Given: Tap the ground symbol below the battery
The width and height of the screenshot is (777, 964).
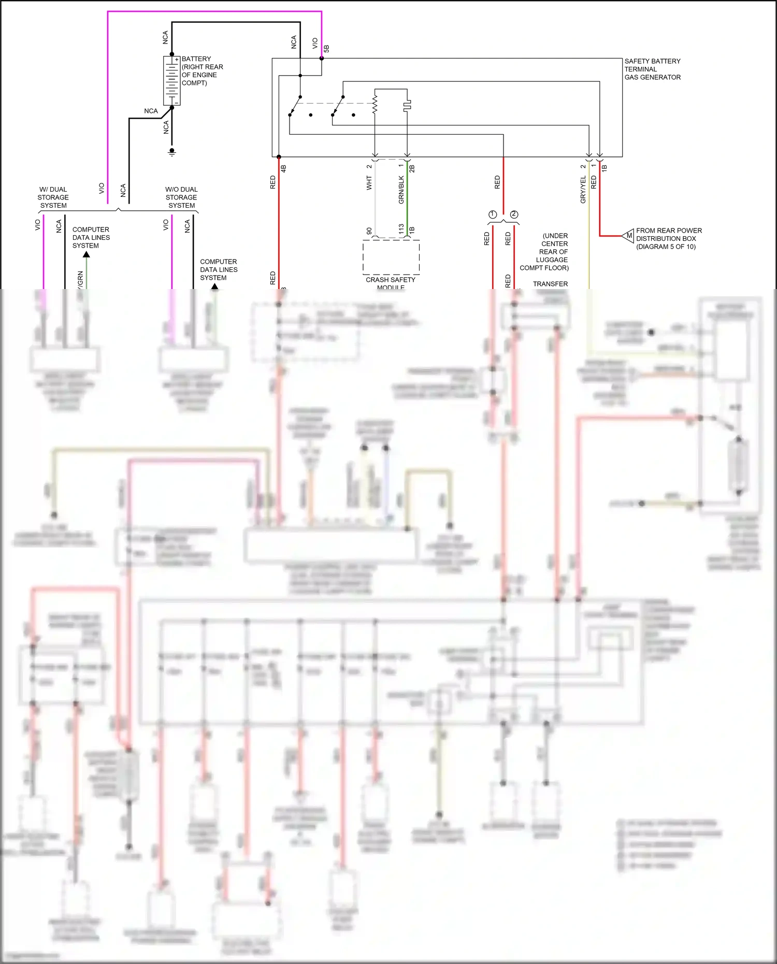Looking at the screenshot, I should click(172, 152).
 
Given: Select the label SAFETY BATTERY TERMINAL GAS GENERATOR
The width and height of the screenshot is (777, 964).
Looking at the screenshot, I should click(652, 69).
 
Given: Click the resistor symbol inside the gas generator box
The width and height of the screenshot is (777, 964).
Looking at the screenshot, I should click(375, 103).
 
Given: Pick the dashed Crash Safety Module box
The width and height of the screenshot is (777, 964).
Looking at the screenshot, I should click(391, 257).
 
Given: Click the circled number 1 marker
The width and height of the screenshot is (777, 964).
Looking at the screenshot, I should click(493, 214).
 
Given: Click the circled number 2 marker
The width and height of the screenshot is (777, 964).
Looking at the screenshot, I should click(514, 214).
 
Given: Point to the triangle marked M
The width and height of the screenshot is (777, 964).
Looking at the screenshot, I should click(628, 236).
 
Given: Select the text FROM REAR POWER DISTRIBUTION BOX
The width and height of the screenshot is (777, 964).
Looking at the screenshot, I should click(668, 238).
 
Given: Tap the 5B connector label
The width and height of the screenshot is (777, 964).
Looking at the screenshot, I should click(326, 49).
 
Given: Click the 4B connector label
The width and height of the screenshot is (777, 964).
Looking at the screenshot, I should click(283, 168).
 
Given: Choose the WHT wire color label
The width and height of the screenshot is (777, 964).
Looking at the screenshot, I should click(369, 182).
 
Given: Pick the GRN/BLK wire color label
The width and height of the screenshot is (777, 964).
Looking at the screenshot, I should click(401, 190).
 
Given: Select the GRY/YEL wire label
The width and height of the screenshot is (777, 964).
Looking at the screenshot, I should click(583, 189).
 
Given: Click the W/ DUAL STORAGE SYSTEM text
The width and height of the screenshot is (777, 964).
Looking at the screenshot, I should click(53, 197).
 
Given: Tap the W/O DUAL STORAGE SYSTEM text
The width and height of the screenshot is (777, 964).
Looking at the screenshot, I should click(181, 197).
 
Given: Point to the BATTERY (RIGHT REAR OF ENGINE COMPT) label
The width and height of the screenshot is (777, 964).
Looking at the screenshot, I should click(202, 71).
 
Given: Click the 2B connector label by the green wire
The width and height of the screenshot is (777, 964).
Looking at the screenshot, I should click(412, 168).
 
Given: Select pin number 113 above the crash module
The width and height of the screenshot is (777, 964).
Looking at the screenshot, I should click(401, 229).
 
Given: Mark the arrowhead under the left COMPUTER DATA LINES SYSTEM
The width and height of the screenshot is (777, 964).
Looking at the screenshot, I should click(87, 254).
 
